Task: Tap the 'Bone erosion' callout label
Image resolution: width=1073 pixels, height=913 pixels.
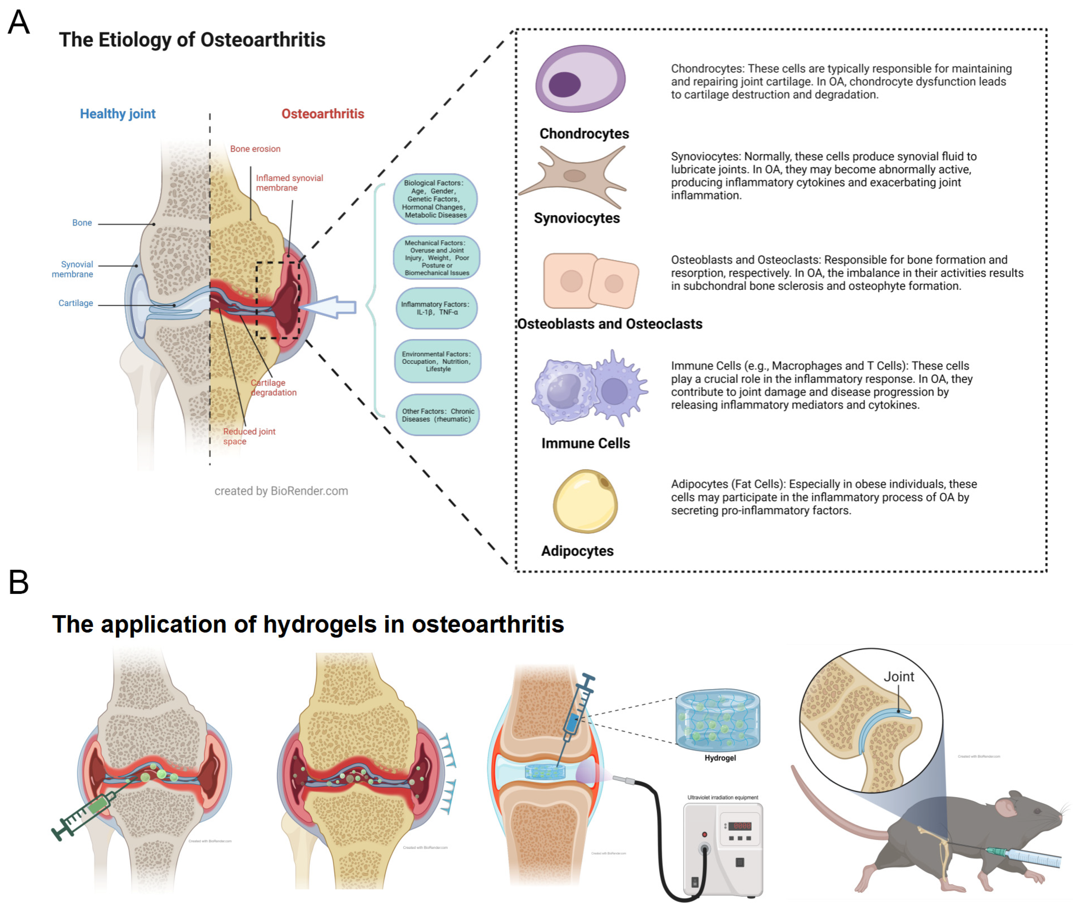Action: pos(255,149)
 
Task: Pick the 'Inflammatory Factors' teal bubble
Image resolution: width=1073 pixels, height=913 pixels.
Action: pos(436,309)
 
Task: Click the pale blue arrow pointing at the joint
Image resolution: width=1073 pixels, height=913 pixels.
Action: pos(331,307)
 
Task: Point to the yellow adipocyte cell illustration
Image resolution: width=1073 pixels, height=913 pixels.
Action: pos(585,501)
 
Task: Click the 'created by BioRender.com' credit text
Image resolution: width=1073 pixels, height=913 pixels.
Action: pos(281,491)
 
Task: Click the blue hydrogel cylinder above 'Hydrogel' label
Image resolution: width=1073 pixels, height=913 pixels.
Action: pos(717,720)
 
